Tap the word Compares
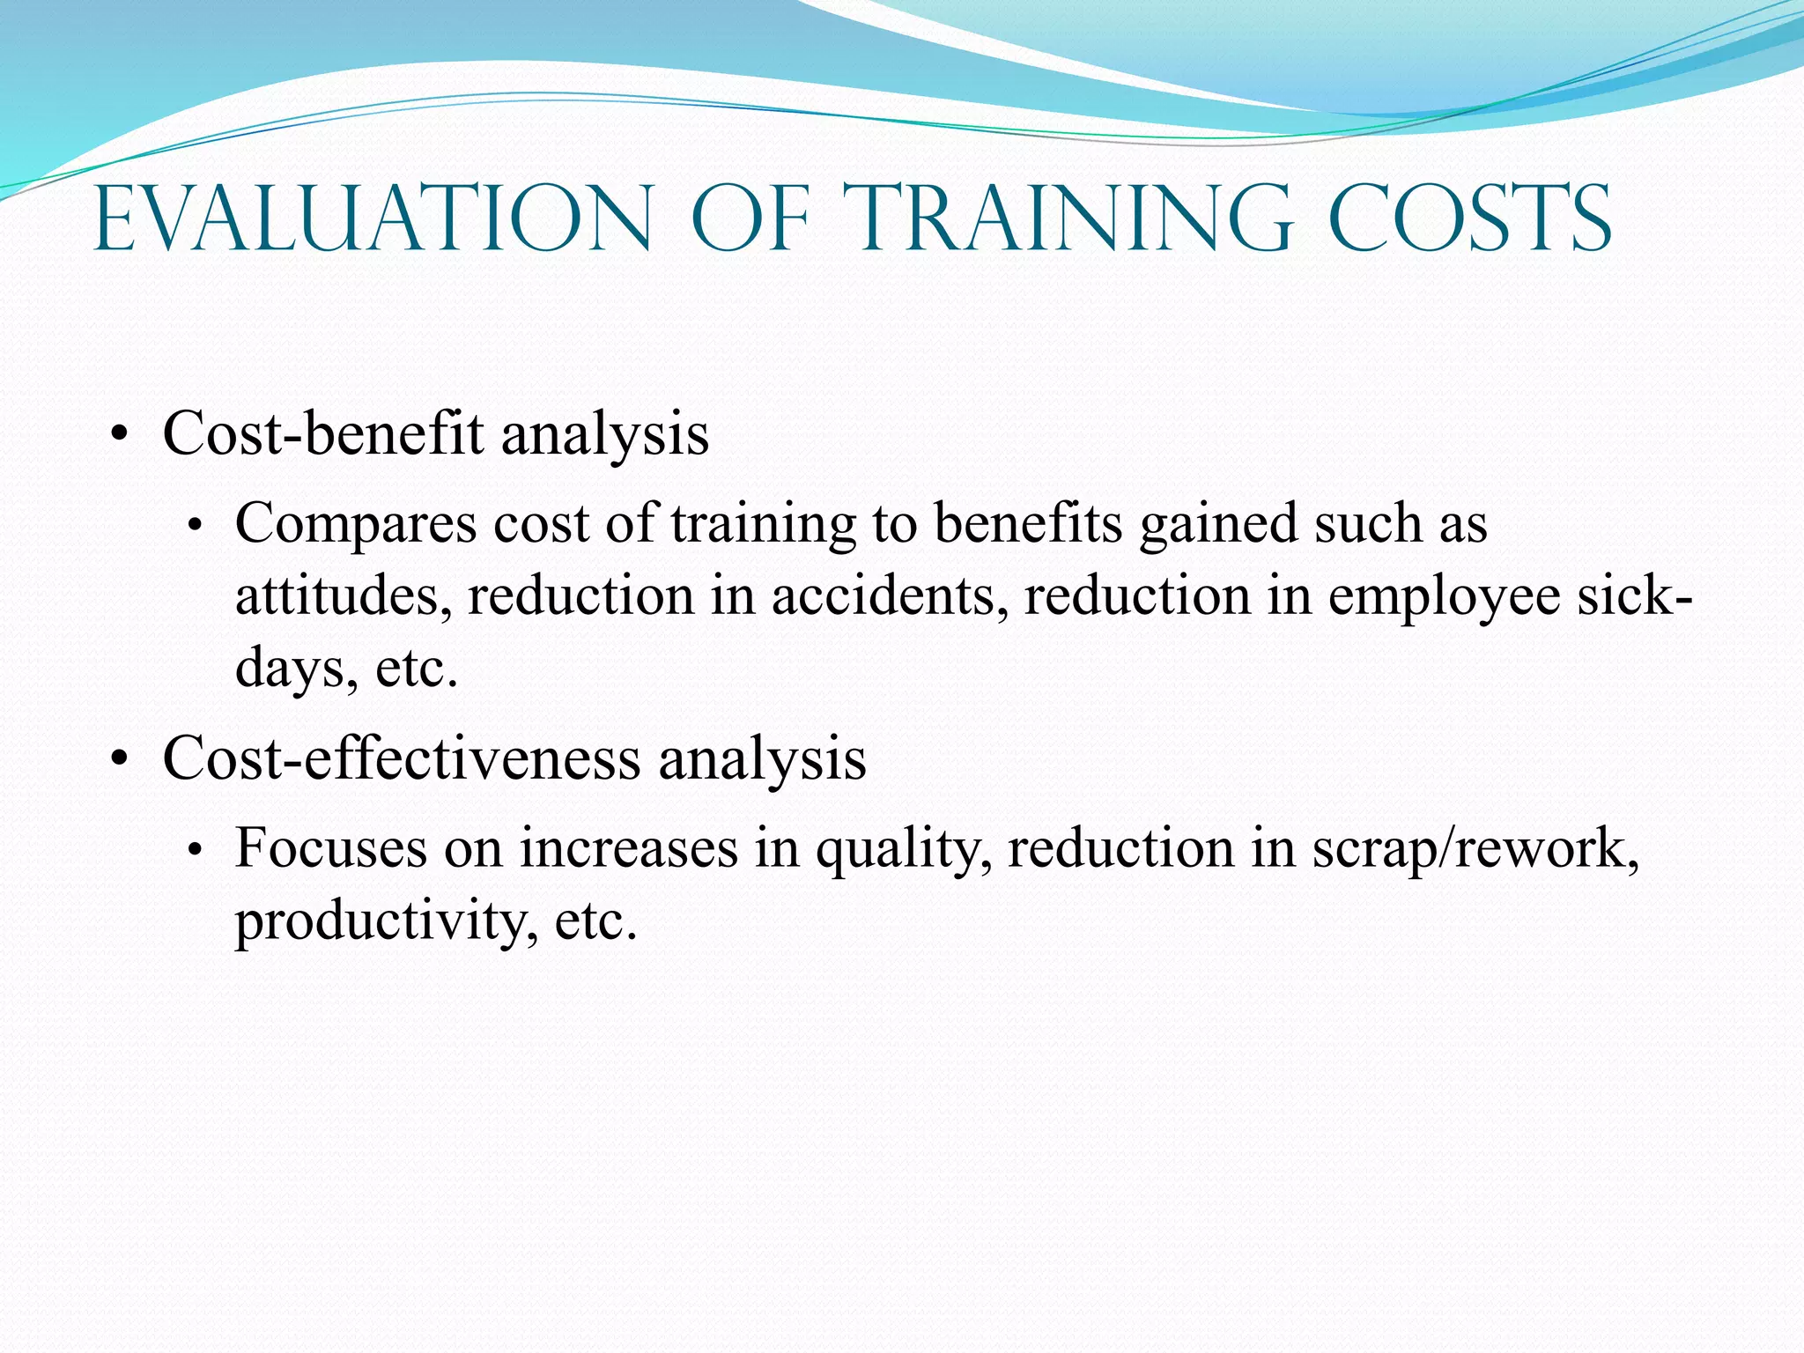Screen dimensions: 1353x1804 click(356, 525)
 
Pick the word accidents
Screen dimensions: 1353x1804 click(890, 596)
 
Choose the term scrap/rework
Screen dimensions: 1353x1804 click(1475, 851)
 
